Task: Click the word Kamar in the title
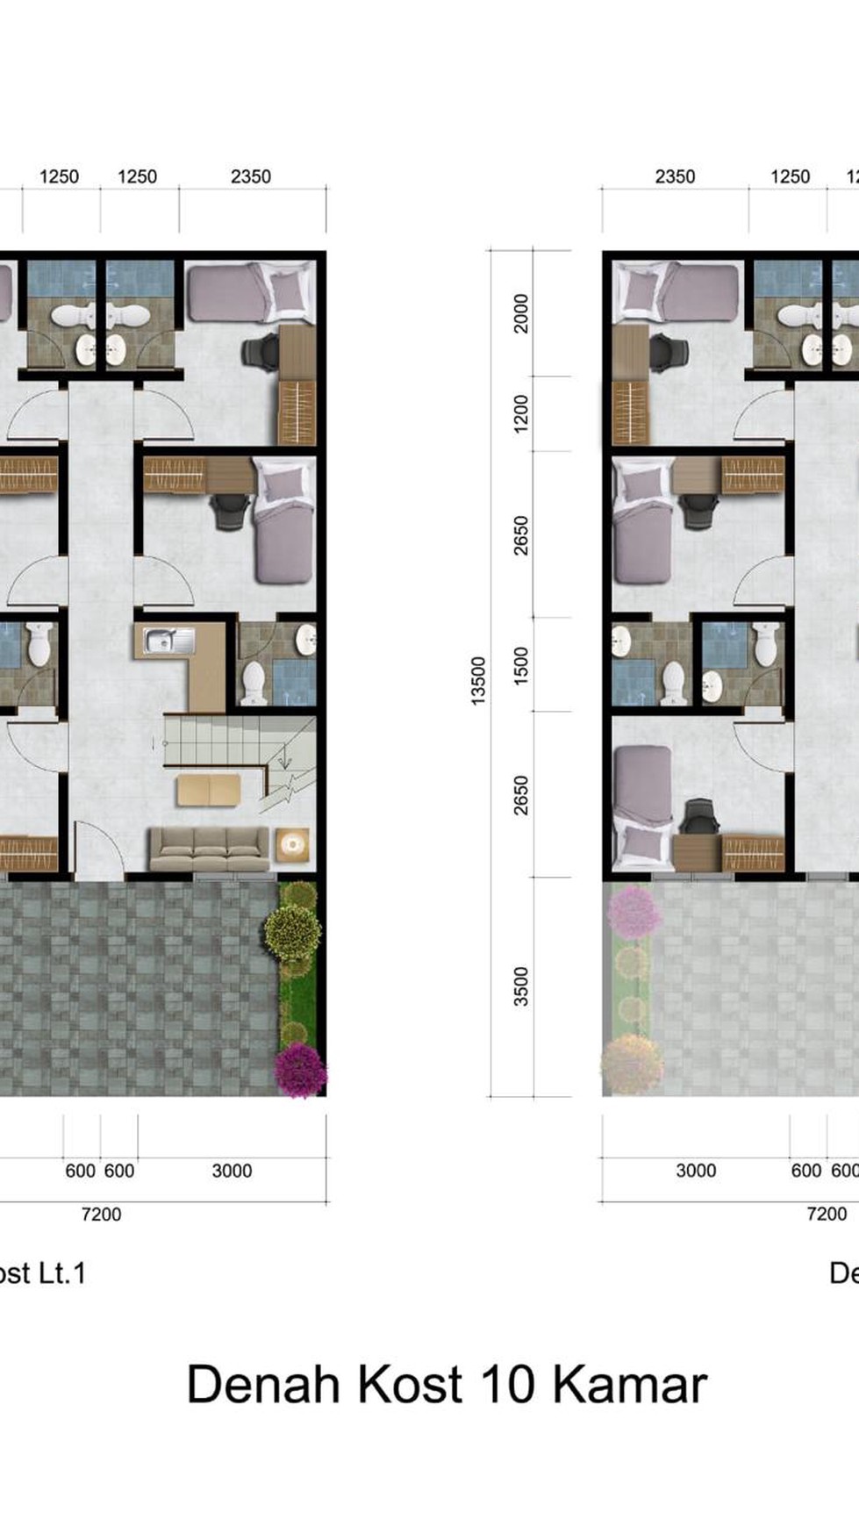(629, 1386)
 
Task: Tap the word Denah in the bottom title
(263, 1386)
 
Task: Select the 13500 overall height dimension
(477, 680)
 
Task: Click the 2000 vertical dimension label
(521, 313)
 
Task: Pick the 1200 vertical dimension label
(521, 413)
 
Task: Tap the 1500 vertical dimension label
(521, 665)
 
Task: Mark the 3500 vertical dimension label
(521, 986)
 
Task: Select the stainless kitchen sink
(169, 641)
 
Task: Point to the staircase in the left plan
(240, 755)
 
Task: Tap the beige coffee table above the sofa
(209, 790)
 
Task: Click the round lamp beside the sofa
(292, 845)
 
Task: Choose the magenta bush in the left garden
(300, 1070)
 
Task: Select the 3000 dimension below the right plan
(696, 1170)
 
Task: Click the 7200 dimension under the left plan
(101, 1214)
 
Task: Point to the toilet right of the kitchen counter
(254, 684)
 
